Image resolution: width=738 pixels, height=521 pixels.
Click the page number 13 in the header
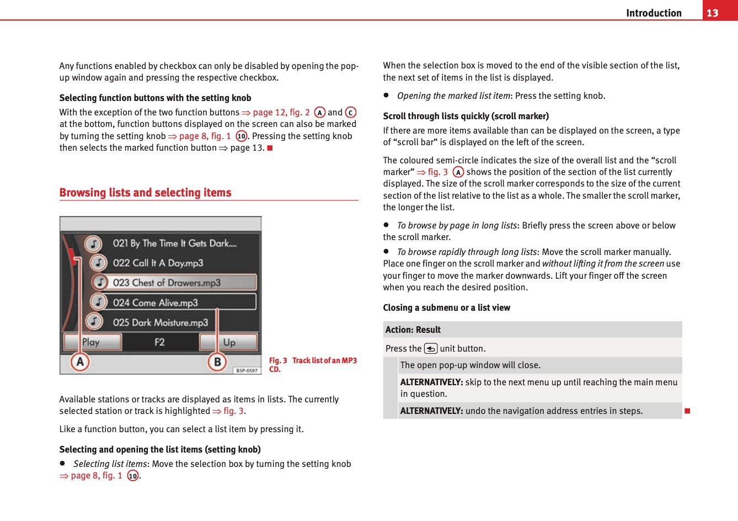[712, 13]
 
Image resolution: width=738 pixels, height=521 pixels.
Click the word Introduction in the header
[654, 13]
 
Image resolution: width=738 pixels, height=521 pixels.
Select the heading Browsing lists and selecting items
[145, 193]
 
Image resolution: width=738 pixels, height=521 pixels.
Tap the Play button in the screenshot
[92, 342]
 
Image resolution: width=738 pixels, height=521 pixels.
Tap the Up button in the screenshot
[228, 342]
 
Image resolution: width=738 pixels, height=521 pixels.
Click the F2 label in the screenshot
[159, 342]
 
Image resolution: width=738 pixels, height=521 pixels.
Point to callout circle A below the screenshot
[80, 362]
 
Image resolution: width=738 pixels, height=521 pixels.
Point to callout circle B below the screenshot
[217, 362]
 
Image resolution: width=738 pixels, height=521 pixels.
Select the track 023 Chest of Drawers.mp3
[167, 283]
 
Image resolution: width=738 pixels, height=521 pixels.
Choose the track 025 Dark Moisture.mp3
[160, 322]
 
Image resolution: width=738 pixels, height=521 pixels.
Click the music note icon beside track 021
[93, 243]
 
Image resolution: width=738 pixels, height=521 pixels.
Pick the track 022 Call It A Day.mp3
[158, 263]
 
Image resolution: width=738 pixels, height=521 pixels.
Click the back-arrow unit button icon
[431, 349]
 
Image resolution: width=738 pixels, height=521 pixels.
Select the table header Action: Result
[413, 330]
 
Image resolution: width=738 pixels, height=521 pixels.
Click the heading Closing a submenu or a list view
[446, 308]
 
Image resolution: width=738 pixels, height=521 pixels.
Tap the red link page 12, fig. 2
[281, 113]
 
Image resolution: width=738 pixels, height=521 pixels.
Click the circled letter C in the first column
[351, 113]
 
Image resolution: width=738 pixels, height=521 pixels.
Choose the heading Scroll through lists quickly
[466, 116]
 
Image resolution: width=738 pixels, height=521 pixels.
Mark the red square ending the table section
[687, 411]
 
